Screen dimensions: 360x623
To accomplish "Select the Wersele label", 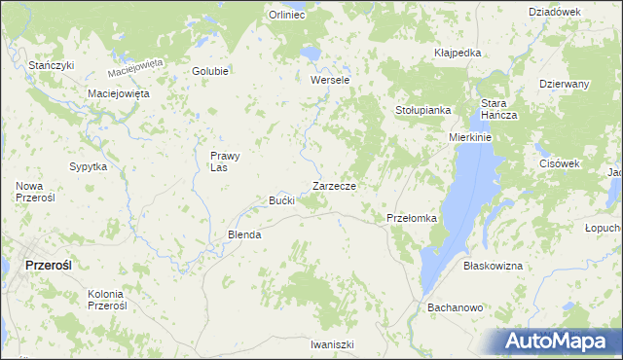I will point(329,80).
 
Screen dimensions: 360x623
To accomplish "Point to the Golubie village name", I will point(210,71).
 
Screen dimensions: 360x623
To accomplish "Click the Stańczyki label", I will point(52,64).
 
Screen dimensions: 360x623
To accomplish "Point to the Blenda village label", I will point(244,234).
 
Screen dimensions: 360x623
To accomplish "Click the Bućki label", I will point(281,200).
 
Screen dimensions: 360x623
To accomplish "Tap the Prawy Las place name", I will point(225,161).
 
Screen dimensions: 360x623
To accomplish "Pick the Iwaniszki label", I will point(332,344).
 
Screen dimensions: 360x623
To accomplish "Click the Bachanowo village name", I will point(456,307).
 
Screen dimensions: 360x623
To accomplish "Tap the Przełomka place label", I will point(412,218).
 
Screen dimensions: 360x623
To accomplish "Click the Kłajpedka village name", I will point(458,53).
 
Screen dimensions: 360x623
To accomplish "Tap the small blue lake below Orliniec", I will point(310,53).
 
